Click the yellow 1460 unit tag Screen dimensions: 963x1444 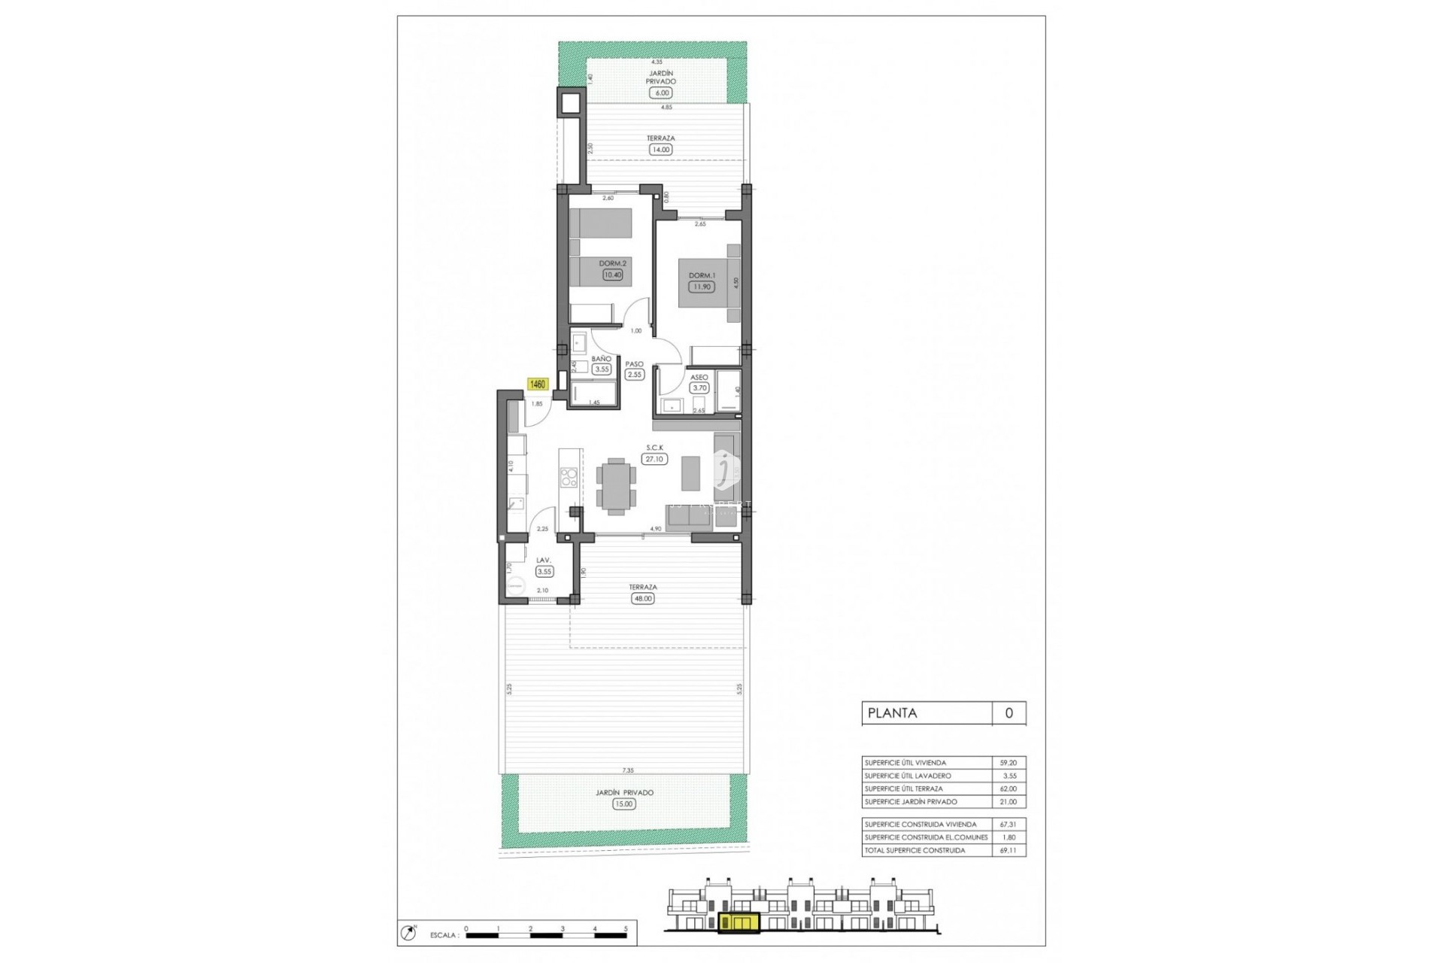pyautogui.click(x=538, y=384)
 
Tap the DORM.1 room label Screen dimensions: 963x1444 pyautogui.click(x=702, y=275)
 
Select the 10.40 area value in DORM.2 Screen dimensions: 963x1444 pyautogui.click(x=612, y=275)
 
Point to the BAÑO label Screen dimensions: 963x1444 pyautogui.click(x=601, y=359)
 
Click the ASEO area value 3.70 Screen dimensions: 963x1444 pyautogui.click(x=699, y=388)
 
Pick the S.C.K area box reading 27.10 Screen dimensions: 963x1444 pyautogui.click(x=654, y=459)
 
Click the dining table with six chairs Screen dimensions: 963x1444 pyautogui.click(x=616, y=486)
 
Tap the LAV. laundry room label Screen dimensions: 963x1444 pyautogui.click(x=544, y=560)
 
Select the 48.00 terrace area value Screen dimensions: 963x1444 pyautogui.click(x=643, y=599)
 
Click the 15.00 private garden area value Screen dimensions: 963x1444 pyautogui.click(x=624, y=804)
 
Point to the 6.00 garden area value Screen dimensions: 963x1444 pyautogui.click(x=662, y=93)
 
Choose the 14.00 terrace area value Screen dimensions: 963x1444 pyautogui.click(x=660, y=150)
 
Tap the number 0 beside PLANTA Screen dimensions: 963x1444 pyautogui.click(x=1009, y=713)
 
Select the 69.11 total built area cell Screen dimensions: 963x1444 pyautogui.click(x=1009, y=850)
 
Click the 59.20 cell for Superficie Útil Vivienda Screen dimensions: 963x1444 pyautogui.click(x=1009, y=763)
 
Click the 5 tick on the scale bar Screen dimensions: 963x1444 pyautogui.click(x=626, y=929)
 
